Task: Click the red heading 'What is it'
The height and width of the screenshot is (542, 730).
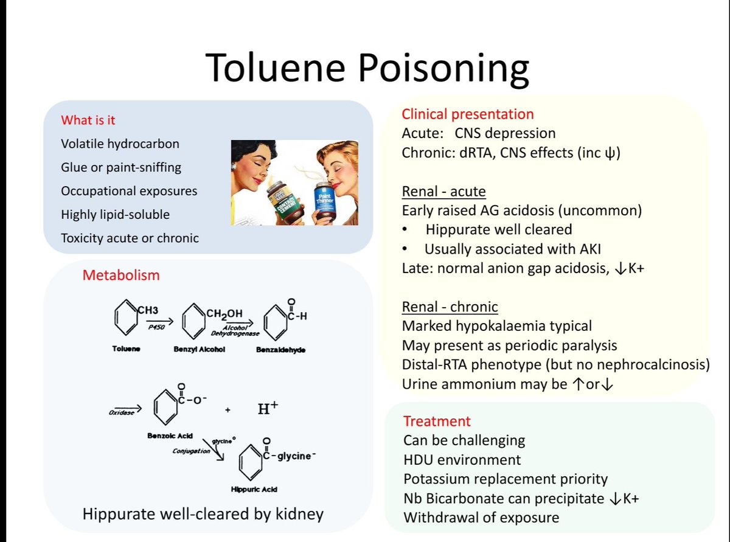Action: click(88, 120)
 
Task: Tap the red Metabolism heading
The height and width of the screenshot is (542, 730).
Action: click(121, 275)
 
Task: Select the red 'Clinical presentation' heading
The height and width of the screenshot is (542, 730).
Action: click(468, 114)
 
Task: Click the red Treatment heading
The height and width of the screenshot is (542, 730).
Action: click(437, 421)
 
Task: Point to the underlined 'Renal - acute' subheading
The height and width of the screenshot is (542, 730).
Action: click(443, 192)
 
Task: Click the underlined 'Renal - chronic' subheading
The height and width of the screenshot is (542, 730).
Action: click(450, 307)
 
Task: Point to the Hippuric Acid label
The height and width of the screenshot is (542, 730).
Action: click(250, 489)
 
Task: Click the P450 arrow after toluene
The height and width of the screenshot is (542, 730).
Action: click(160, 322)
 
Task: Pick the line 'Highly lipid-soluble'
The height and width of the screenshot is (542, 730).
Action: click(116, 214)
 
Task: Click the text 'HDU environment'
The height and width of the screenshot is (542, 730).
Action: click(462, 459)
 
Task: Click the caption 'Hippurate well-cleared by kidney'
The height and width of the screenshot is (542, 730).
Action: click(203, 515)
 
